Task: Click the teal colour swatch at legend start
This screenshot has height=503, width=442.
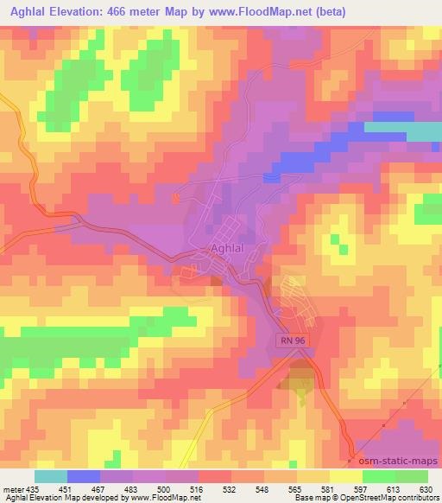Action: (x=51, y=475)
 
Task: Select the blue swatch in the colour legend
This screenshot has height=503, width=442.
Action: (x=85, y=475)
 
